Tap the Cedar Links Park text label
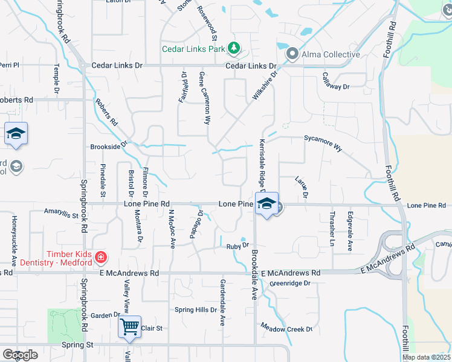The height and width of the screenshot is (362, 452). pyautogui.click(x=193, y=49)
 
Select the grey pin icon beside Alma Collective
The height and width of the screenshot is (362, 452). pyautogui.click(x=292, y=54)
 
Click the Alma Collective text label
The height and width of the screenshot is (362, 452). pyautogui.click(x=332, y=54)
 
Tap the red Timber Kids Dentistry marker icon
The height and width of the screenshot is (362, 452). pyautogui.click(x=101, y=258)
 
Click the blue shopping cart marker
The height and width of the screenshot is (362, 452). pyautogui.click(x=130, y=327)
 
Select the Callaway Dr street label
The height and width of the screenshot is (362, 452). pyautogui.click(x=336, y=81)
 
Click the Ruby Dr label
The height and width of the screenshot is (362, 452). pyautogui.click(x=237, y=246)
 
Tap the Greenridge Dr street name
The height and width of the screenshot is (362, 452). pyautogui.click(x=290, y=283)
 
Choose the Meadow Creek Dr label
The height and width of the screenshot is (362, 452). pyautogui.click(x=286, y=328)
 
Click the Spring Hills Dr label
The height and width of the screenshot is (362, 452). pyautogui.click(x=195, y=310)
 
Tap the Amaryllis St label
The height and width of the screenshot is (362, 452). pyautogui.click(x=61, y=213)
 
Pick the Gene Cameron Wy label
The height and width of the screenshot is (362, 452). pyautogui.click(x=204, y=98)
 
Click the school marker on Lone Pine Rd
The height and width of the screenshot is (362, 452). pyautogui.click(x=266, y=203)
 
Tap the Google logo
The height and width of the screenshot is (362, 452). pyautogui.click(x=20, y=355)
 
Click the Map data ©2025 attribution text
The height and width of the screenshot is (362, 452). pyautogui.click(x=425, y=357)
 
